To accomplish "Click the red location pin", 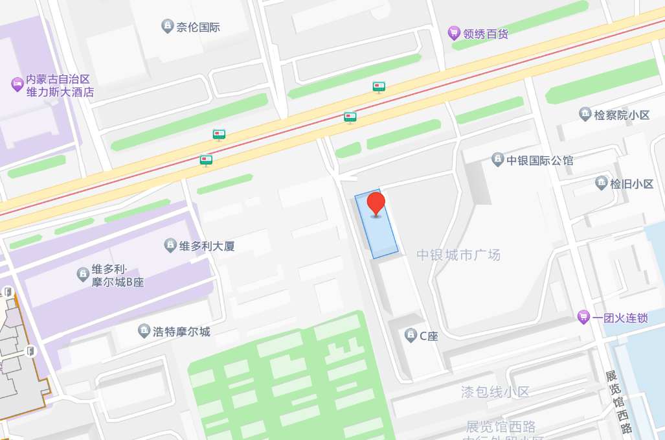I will [376, 203].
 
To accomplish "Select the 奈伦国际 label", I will [199, 27].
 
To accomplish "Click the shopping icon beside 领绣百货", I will [454, 33].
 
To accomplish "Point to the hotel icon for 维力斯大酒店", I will [17, 84].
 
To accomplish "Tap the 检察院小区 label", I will [622, 115].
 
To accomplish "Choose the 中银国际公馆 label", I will [539, 160].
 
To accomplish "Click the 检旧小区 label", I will [631, 183].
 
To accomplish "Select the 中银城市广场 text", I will [458, 255].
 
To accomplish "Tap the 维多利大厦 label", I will [207, 246].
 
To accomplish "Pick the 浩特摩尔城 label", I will [181, 332].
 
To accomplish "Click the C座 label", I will [429, 336].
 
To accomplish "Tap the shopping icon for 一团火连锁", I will [583, 318].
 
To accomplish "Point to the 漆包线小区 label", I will [495, 392].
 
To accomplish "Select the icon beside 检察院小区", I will [585, 114].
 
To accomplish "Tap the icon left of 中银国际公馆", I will [497, 159].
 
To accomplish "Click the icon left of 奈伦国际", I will [168, 27].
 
